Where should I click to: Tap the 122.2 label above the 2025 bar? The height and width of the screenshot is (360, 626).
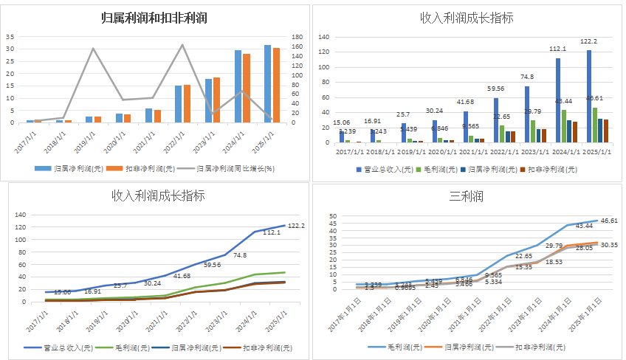click(x=588, y=42)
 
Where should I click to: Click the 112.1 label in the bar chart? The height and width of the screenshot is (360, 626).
click(x=557, y=49)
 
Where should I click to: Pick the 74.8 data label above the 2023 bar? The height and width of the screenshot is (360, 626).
click(x=527, y=77)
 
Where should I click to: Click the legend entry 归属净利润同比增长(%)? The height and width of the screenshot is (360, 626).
click(x=235, y=168)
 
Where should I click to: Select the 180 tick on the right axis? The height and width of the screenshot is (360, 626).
click(x=296, y=36)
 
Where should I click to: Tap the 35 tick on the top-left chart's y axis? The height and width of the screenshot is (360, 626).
click(x=10, y=36)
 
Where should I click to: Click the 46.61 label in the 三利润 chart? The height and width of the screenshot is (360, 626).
click(x=610, y=220)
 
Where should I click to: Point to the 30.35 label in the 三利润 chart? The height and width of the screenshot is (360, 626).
click(x=610, y=245)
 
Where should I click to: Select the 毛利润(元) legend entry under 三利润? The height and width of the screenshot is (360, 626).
click(x=406, y=347)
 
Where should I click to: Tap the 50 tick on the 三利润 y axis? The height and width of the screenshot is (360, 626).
click(x=332, y=217)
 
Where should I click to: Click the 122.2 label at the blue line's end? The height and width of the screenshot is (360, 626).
click(x=297, y=225)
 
